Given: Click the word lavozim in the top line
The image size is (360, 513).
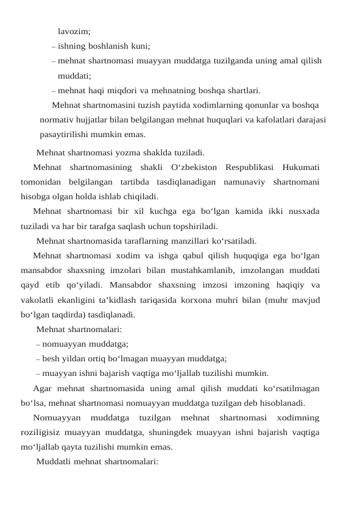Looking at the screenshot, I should (74, 31).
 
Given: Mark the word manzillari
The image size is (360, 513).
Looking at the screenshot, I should (185, 240).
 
